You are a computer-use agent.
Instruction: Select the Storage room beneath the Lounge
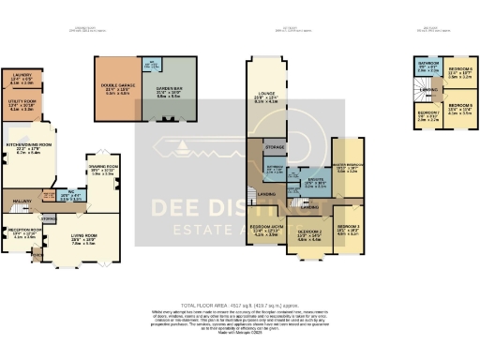coord(275,147)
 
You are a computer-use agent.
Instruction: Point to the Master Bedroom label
coord(346,169)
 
